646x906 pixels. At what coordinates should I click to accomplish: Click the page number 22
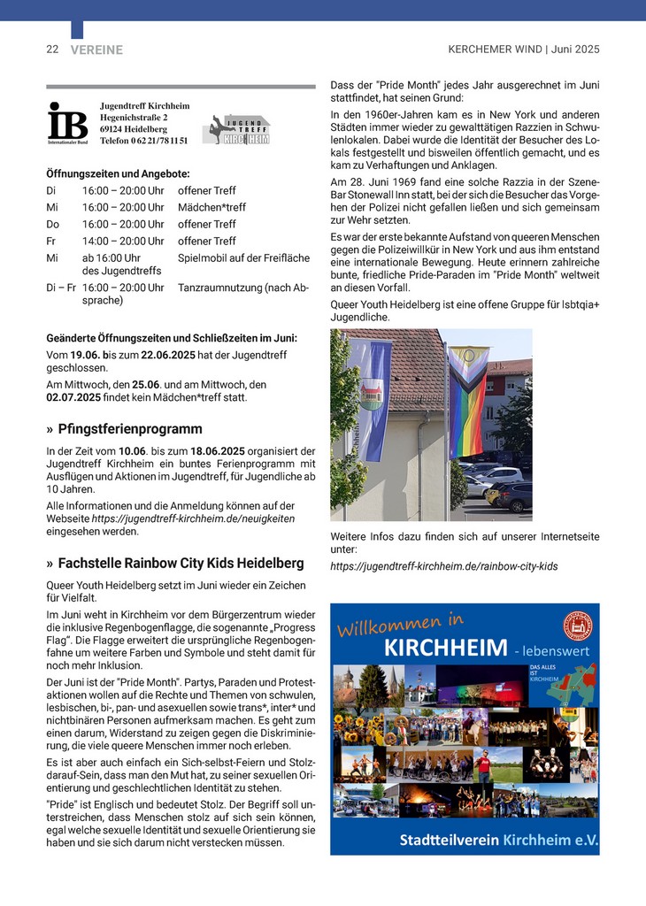click(52, 50)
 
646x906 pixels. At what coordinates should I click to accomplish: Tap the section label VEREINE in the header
click(96, 50)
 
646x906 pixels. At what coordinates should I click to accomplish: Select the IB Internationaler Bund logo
click(67, 122)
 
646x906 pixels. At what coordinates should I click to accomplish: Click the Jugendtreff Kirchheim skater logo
click(235, 129)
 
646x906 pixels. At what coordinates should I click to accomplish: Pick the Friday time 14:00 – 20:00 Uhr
click(123, 241)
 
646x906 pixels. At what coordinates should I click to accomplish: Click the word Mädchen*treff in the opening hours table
click(212, 207)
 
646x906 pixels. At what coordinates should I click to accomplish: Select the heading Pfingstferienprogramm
click(130, 429)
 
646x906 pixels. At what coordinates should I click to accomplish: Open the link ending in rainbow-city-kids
click(444, 566)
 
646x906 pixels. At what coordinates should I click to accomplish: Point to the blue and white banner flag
click(372, 398)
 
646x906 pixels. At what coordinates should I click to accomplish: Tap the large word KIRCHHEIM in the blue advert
click(446, 649)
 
